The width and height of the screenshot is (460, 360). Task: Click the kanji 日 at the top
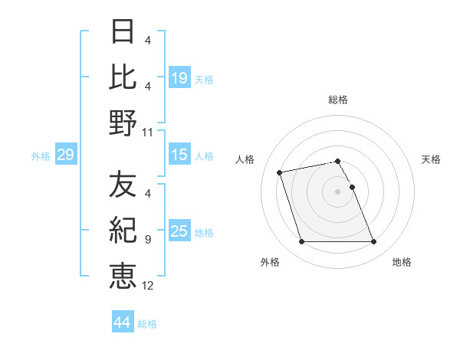tap(123, 33)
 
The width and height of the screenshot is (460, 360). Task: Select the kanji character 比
tap(123, 77)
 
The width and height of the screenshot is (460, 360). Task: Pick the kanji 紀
tap(123, 230)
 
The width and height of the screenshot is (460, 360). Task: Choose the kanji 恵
tap(123, 274)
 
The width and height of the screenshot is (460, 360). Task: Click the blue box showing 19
tap(179, 77)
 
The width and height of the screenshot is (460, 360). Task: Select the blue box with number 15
tap(179, 155)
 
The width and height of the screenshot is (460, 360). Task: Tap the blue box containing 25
tap(179, 231)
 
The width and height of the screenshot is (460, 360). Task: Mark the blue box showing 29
tap(65, 155)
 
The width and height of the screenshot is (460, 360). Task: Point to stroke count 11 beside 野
tap(148, 133)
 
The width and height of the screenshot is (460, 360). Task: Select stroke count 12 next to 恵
tap(148, 285)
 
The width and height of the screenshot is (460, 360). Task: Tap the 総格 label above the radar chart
tap(338, 100)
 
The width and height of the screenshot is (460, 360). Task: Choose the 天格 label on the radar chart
tap(431, 159)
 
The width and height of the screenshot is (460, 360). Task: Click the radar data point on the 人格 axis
tap(280, 172)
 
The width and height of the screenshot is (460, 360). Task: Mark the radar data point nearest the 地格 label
tap(373, 242)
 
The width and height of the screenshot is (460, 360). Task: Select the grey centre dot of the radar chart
tap(338, 191)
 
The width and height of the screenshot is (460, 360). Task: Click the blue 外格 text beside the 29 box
tap(41, 156)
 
